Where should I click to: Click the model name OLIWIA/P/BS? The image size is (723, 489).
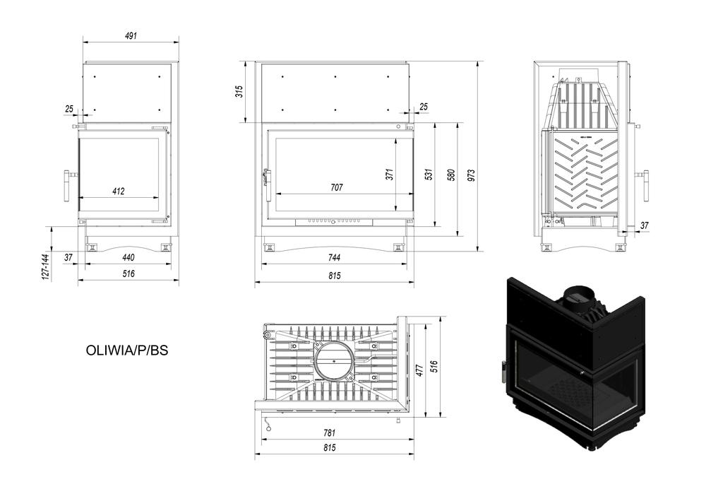[127, 350]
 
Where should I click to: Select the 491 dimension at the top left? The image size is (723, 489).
[131, 35]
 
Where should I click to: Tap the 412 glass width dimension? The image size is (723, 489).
[119, 191]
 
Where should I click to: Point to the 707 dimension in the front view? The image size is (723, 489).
[337, 187]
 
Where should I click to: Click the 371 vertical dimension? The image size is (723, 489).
[390, 174]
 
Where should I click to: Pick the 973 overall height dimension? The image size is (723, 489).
[471, 175]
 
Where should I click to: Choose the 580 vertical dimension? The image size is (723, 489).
[451, 175]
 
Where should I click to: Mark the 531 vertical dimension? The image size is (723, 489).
[429, 175]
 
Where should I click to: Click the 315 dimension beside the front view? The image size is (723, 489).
[239, 92]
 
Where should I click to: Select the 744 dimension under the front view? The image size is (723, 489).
[335, 258]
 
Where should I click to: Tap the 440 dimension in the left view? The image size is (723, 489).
[129, 257]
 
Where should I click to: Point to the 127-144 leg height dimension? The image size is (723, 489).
[45, 266]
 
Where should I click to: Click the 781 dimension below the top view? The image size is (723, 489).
[329, 432]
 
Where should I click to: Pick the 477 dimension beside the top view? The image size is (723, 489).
[419, 370]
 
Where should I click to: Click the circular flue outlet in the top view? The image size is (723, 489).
[335, 360]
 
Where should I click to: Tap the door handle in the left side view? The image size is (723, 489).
[67, 185]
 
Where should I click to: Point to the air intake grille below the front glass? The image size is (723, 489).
[334, 223]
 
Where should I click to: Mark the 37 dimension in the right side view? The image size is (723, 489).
[645, 225]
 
